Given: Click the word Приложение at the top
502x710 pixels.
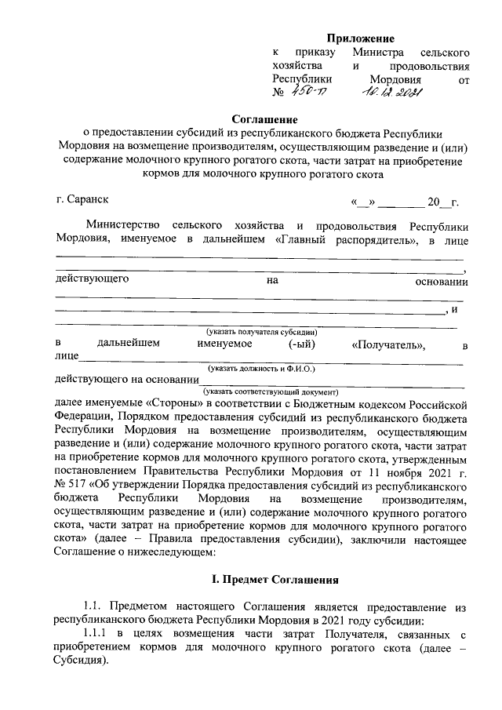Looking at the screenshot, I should click(360, 38).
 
